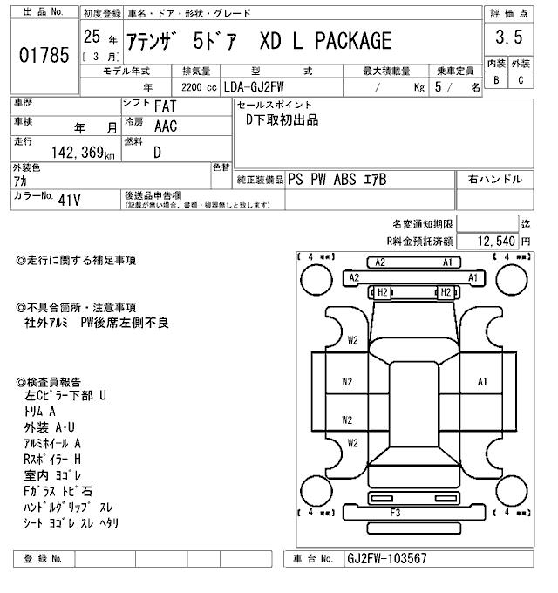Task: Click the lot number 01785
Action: tap(44, 54)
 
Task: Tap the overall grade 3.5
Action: tap(508, 37)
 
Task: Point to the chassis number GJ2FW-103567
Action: tap(387, 558)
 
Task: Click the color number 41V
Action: tap(69, 199)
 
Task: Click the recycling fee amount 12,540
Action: tap(492, 240)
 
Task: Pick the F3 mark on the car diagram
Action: tap(395, 512)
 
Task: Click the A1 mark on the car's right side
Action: tap(482, 381)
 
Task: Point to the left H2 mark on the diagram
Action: tap(381, 292)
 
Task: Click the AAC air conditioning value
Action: tap(167, 126)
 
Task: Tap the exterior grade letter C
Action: tap(521, 80)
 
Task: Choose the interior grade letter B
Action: tap(496, 80)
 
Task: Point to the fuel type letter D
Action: tap(157, 152)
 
